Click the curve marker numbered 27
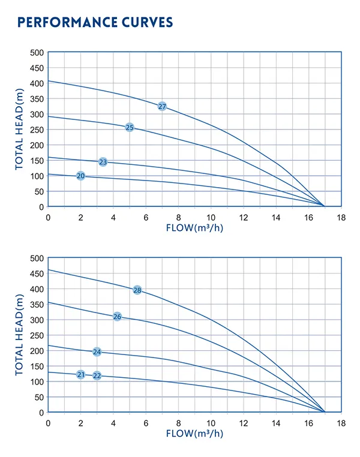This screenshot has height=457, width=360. [162, 106]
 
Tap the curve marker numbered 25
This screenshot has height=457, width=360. [130, 127]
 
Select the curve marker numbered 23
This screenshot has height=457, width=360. [103, 162]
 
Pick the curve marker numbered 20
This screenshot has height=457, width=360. [81, 176]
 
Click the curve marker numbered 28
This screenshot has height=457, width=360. [137, 290]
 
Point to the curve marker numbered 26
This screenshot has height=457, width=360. [118, 317]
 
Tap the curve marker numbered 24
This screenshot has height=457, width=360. [97, 352]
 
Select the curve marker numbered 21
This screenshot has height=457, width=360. [81, 375]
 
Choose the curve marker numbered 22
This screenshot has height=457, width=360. [97, 375]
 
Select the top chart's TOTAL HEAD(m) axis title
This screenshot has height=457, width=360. [20, 130]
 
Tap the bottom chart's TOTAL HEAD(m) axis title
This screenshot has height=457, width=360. [20, 335]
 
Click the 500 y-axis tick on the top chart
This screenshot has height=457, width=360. [37, 53]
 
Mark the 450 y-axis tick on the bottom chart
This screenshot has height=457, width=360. [37, 273]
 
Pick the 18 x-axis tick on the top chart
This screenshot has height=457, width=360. [341, 217]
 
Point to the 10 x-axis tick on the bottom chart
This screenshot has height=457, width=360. [211, 423]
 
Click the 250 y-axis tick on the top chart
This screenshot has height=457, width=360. [37, 130]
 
